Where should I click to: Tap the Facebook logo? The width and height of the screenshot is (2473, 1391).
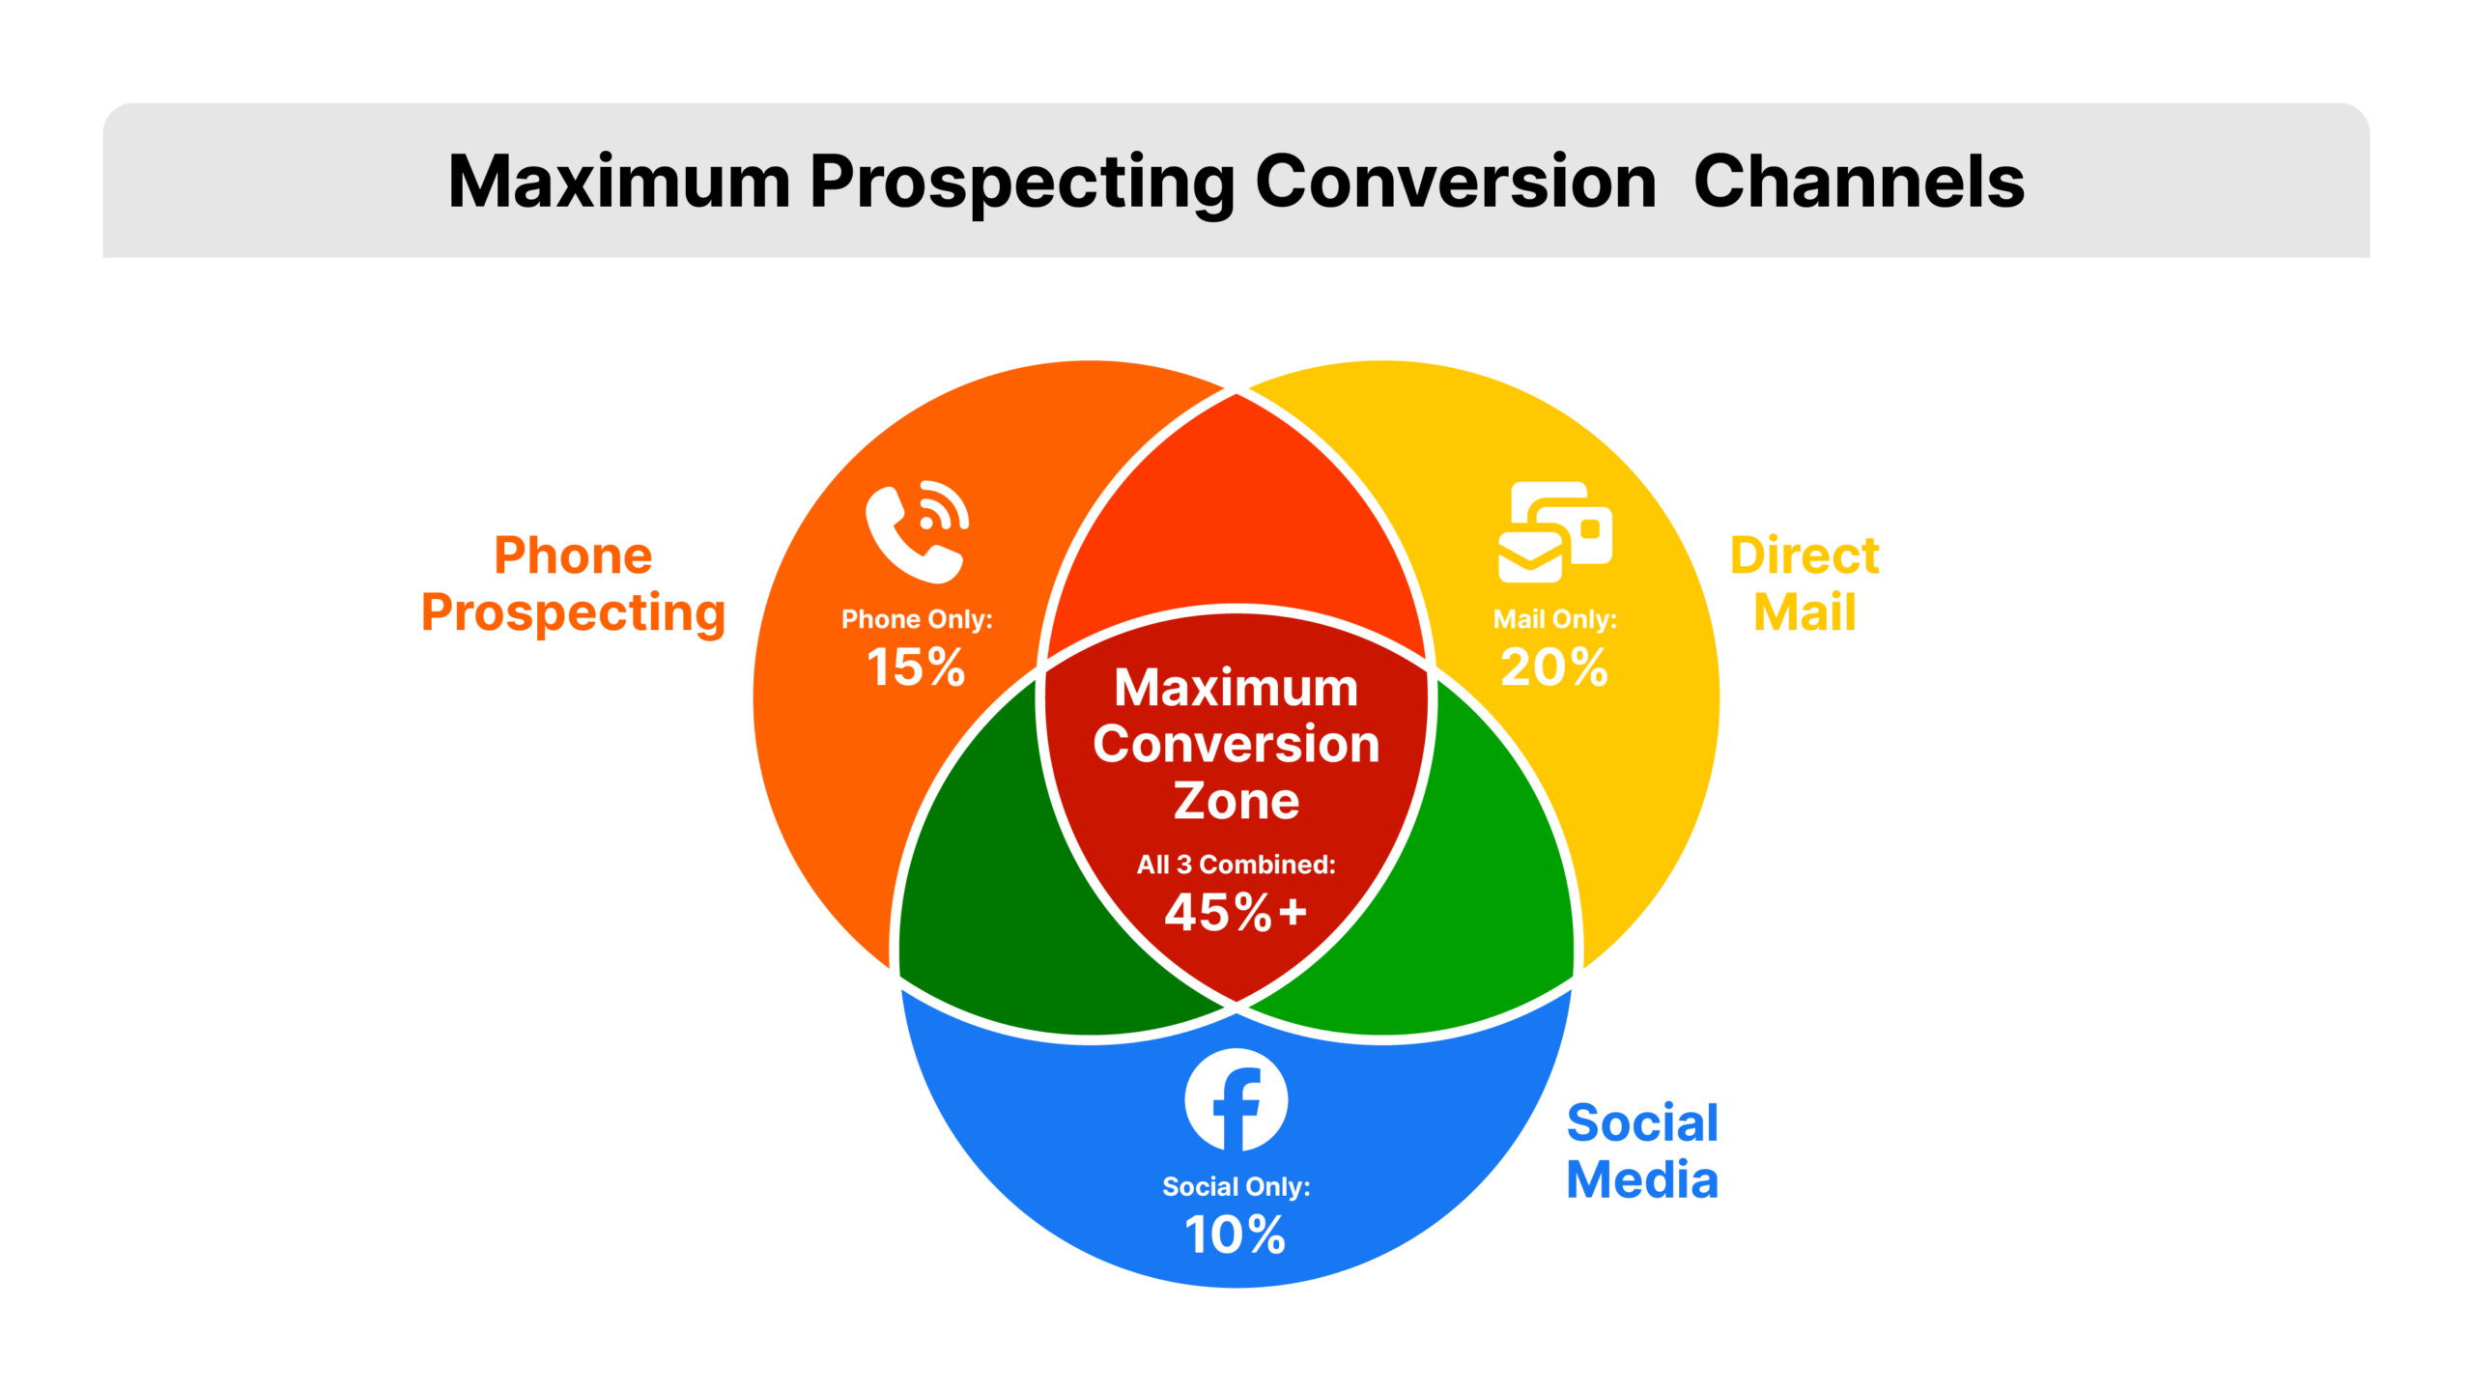coord(1236,1099)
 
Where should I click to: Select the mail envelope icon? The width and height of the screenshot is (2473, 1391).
coord(1553,532)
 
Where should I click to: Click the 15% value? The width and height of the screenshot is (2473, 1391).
coord(916,667)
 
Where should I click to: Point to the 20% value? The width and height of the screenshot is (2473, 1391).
coord(1554,667)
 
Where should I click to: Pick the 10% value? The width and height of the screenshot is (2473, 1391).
coord(1236,1235)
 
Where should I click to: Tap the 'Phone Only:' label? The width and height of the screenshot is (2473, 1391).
coord(917,619)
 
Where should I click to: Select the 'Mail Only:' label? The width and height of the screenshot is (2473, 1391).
coord(1554,619)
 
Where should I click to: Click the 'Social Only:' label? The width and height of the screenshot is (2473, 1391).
coord(1236,1186)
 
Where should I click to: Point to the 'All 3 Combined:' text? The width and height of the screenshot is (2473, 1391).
coord(1236,865)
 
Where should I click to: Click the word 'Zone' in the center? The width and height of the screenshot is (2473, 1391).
coord(1236,801)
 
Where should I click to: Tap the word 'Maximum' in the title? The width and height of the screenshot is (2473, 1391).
coord(619,182)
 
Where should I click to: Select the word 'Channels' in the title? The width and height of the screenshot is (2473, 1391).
coord(1859,182)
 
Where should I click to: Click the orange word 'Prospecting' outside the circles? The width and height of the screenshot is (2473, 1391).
coord(573,613)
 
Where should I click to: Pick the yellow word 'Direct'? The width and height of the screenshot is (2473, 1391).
coord(1805,555)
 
